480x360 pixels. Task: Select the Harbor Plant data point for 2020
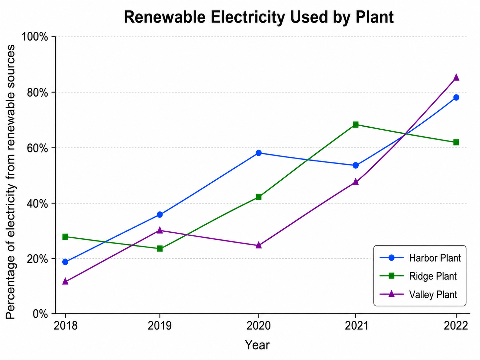(259, 153)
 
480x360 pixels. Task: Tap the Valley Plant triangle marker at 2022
(456, 77)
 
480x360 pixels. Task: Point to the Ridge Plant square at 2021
(356, 125)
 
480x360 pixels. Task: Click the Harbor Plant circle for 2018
(65, 262)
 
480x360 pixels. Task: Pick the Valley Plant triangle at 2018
(65, 281)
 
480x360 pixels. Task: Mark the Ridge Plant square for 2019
(160, 249)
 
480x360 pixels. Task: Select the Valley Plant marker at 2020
(259, 245)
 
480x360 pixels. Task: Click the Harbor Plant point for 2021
(356, 165)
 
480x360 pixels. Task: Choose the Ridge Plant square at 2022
(456, 142)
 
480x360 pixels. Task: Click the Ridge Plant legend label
(433, 276)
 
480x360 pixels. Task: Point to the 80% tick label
(37, 92)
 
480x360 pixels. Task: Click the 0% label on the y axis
(40, 314)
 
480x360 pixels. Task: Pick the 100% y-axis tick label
(34, 37)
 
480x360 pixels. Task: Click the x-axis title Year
(257, 345)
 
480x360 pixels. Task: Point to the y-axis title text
(10, 182)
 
